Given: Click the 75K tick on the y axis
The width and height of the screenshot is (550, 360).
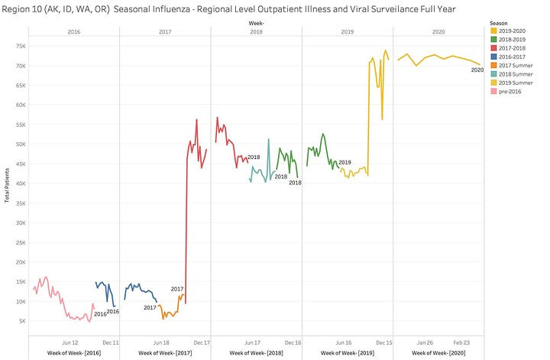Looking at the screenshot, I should [18, 46].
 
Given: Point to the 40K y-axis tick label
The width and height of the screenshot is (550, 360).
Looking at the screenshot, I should [18, 183].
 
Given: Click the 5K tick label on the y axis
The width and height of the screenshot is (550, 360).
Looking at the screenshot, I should [20, 320].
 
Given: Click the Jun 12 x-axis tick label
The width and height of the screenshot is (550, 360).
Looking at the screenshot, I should [70, 342].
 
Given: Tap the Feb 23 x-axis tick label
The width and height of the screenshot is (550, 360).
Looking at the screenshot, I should [461, 342].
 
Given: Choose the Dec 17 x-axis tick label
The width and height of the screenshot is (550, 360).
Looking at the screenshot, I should [202, 342].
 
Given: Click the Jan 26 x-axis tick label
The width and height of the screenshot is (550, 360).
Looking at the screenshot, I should [424, 342].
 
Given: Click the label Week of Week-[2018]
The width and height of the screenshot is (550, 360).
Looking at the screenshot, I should [256, 354].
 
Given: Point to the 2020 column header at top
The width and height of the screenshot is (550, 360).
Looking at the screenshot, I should [438, 33].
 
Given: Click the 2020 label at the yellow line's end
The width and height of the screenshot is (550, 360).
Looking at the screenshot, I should [477, 70].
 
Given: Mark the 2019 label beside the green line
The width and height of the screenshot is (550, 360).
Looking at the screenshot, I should [345, 163].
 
